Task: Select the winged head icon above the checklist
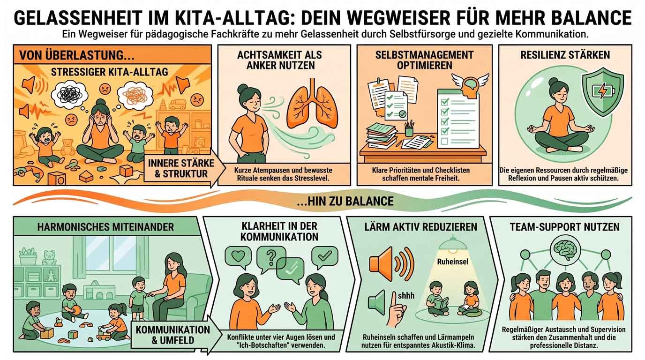pos(470,83)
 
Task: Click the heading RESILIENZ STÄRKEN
pos(565,55)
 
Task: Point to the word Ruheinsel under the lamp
pos(453,262)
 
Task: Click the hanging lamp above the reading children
pos(453,244)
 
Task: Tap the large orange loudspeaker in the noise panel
pos(391,264)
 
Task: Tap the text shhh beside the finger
pos(406,296)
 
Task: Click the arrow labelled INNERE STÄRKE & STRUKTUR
pos(184,168)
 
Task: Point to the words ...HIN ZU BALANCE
pos(345,201)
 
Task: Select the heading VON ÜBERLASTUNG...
pos(76,55)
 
